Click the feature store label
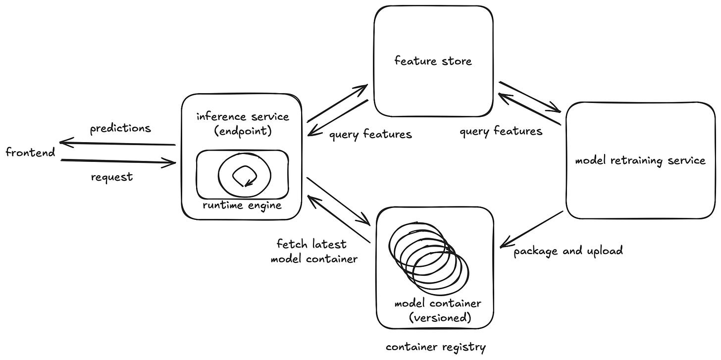pos(433,61)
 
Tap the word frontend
pos(30,152)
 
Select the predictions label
pos(120,129)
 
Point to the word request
pos(112,177)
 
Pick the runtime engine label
pos(242,205)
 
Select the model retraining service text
pos(640,160)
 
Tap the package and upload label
pos(568,251)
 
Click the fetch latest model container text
pos(313,251)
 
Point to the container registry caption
pos(435,348)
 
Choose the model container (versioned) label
pos(438,310)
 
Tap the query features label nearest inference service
pos(370,134)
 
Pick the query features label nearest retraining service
pos(501,131)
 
